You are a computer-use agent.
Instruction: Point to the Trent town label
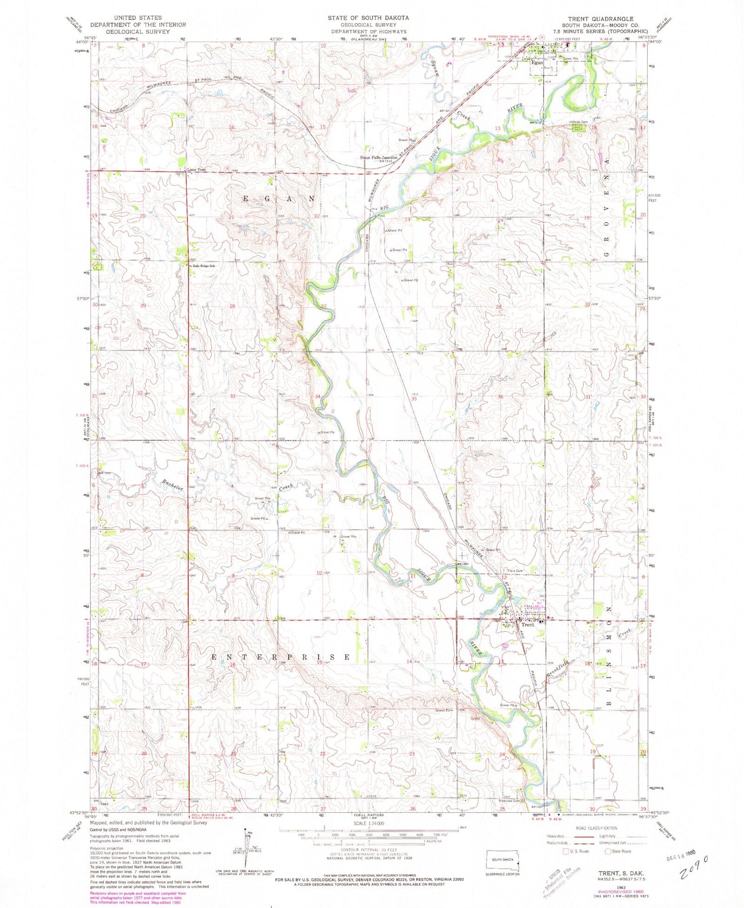(528, 625)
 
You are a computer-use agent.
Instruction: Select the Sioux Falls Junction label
(379, 157)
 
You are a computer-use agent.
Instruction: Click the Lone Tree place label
(196, 170)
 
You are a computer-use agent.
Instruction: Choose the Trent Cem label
(514, 571)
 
